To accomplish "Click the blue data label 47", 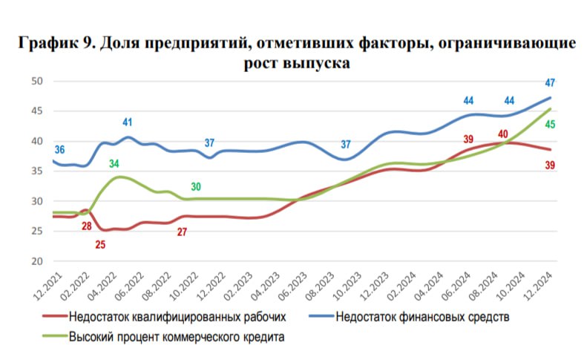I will tap(550, 83).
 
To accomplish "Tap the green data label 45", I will tap(550, 125).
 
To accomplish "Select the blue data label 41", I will tap(128, 122).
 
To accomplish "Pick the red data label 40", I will tap(502, 134).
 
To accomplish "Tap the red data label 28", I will tap(86, 226).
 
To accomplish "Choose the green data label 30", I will tap(195, 187).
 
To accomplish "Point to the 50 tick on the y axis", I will tap(37, 81).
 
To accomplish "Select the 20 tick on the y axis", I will tap(37, 261).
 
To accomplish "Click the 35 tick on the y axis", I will tap(37, 171).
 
